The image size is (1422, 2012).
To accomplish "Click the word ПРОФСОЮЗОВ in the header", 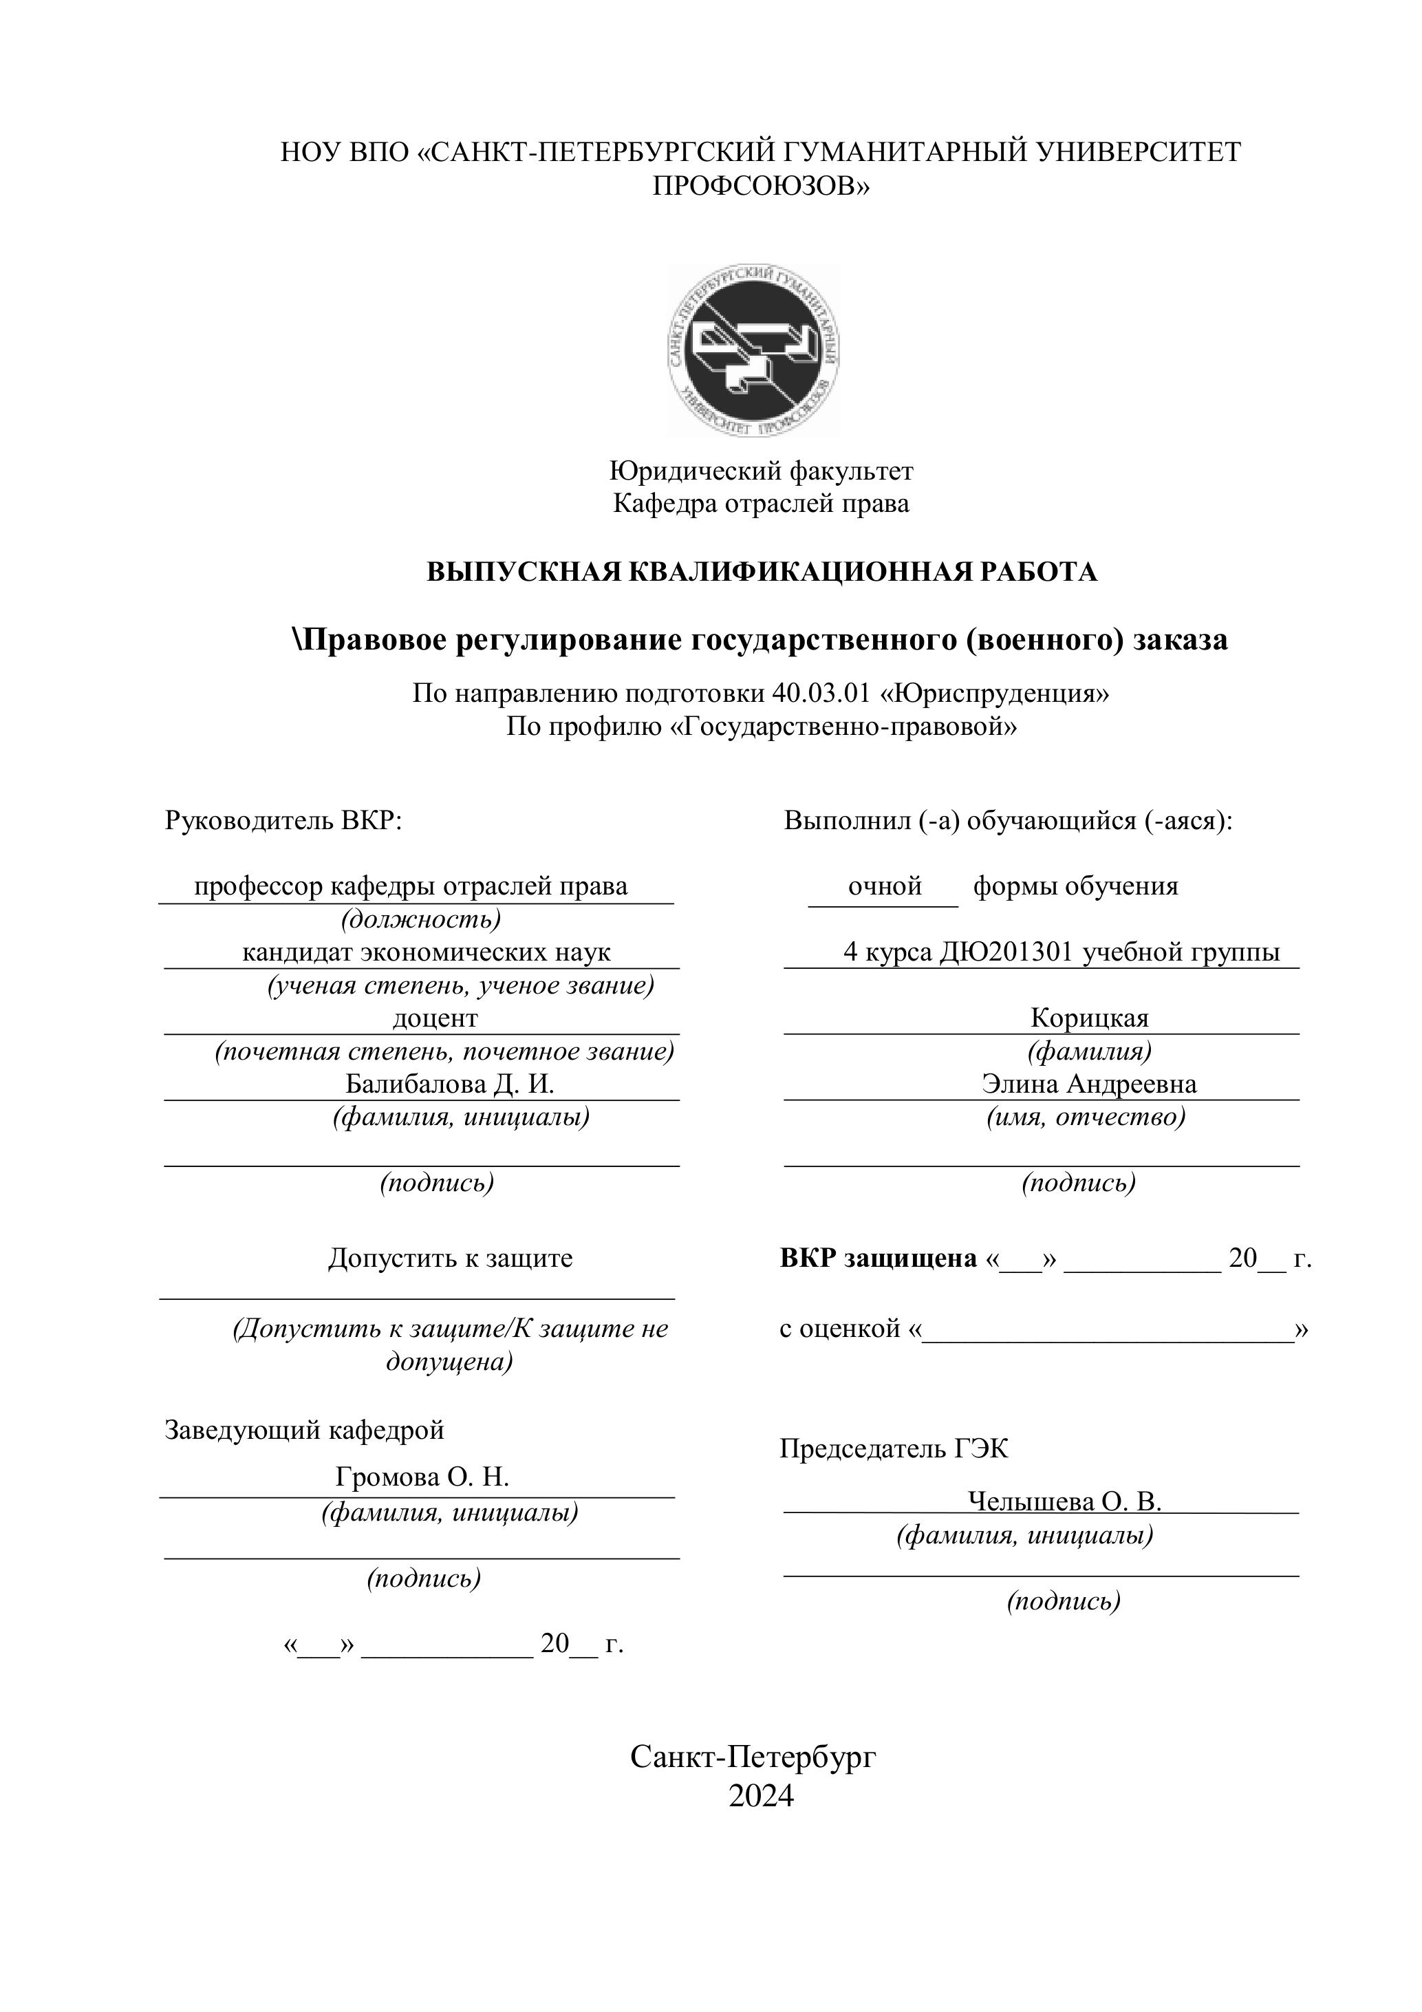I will pos(760,186).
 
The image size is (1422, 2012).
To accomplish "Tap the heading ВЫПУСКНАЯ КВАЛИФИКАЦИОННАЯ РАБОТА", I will pos(760,572).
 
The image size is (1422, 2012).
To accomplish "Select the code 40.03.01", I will pos(821,693).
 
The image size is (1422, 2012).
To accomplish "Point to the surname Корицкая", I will pos(1088,1018).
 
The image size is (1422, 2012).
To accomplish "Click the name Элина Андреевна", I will pos(1088,1084).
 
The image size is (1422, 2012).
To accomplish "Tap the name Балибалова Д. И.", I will pos(449,1084).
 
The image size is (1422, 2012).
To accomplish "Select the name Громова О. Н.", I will pos(422,1477).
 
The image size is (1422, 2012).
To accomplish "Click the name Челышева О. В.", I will pos(1064,1502).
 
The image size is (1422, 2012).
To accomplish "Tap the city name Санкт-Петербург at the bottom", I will pos(753,1756).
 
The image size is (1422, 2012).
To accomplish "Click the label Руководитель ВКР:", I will pos(283,820).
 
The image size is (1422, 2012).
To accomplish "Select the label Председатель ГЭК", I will pos(894,1448).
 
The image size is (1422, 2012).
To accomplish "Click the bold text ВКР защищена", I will pos(878,1259).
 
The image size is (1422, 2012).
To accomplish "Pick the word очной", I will pos(884,886).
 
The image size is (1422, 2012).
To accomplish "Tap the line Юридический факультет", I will pos(760,471).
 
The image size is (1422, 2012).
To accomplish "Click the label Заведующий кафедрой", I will pos(304,1429).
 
